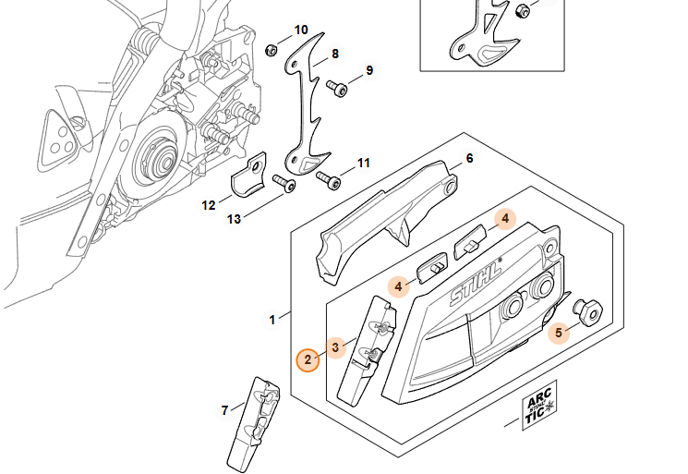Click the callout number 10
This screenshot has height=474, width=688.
pyautogui.click(x=301, y=30)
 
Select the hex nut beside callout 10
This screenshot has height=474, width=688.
pyautogui.click(x=272, y=51)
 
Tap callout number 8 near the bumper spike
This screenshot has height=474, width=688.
pyautogui.click(x=335, y=54)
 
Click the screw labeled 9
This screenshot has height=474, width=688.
pyautogui.click(x=337, y=88)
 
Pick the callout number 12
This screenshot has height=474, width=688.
pyautogui.click(x=209, y=205)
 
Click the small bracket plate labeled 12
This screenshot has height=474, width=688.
pyautogui.click(x=248, y=175)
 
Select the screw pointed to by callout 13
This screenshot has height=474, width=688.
pyautogui.click(x=284, y=183)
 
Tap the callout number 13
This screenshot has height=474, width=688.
pyautogui.click(x=234, y=219)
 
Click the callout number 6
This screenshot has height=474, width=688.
pyautogui.click(x=469, y=158)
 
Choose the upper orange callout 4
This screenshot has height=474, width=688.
pyautogui.click(x=505, y=219)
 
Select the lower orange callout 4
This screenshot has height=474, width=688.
pyautogui.click(x=398, y=286)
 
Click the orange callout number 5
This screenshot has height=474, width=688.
pyautogui.click(x=559, y=333)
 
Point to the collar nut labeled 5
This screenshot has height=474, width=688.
pyautogui.click(x=588, y=311)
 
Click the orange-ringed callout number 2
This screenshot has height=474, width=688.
pyautogui.click(x=308, y=360)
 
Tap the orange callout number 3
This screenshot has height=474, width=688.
pyautogui.click(x=335, y=347)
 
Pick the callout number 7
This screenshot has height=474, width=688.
pyautogui.click(x=224, y=410)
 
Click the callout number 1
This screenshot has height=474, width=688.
pyautogui.click(x=272, y=320)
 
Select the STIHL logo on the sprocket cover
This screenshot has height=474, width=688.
pyautogui.click(x=476, y=282)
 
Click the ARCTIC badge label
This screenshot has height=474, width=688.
pyautogui.click(x=539, y=405)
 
